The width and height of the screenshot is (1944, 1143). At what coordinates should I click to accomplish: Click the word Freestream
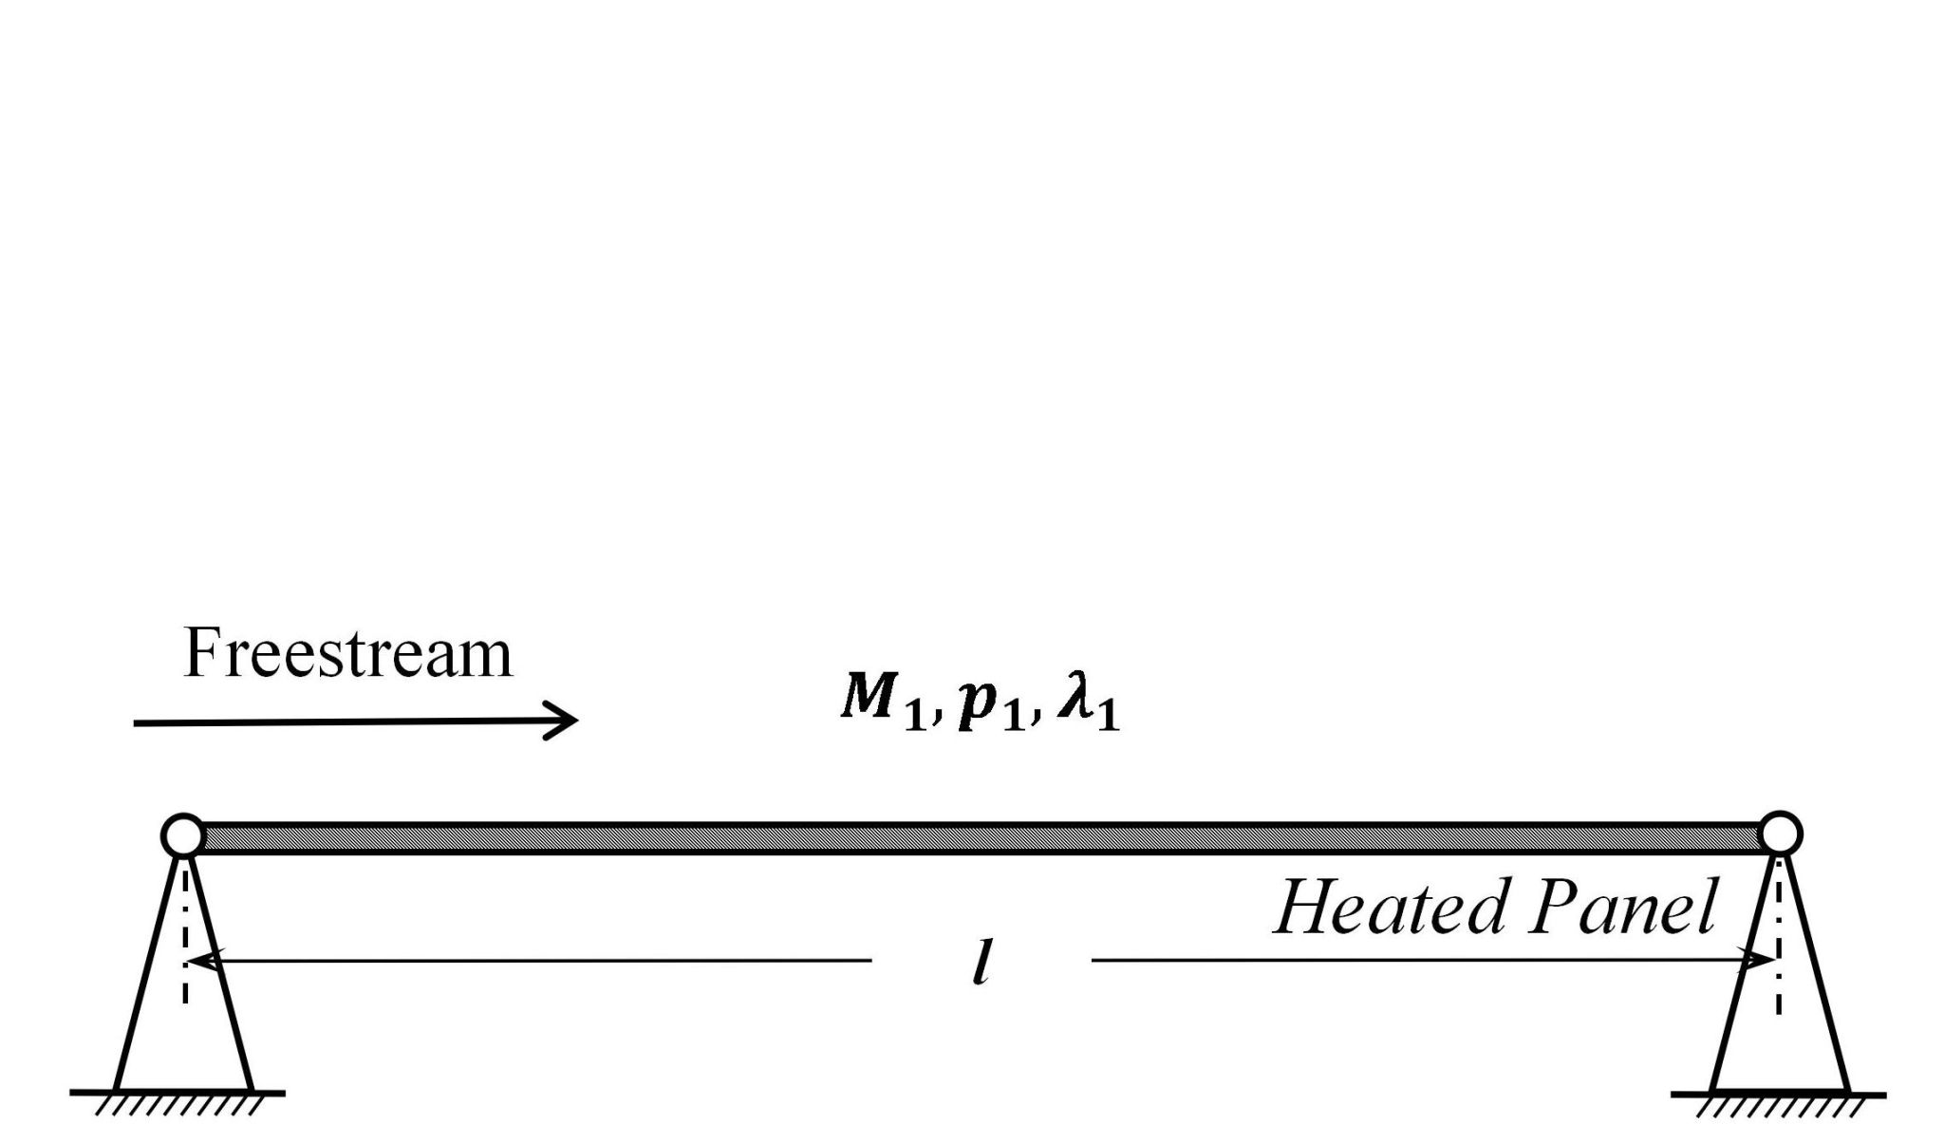click(347, 654)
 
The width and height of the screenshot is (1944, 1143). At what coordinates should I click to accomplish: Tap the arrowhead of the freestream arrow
click(570, 721)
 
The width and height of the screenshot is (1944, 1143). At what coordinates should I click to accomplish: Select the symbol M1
click(882, 703)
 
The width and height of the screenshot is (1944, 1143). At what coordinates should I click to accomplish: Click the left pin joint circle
click(183, 835)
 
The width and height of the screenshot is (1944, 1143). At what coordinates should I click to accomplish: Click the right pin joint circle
click(1780, 834)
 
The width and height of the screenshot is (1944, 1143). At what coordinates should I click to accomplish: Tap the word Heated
click(1390, 908)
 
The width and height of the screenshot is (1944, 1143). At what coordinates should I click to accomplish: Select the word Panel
click(1622, 908)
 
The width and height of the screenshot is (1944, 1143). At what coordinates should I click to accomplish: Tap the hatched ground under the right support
click(1778, 1105)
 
